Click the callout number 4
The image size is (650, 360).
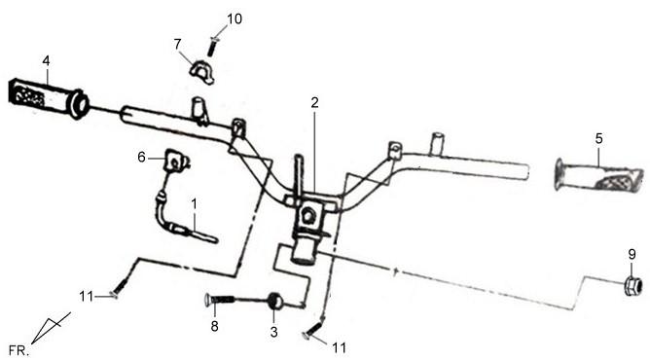pyautogui.click(x=46, y=61)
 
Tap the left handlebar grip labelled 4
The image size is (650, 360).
pyautogui.click(x=48, y=98)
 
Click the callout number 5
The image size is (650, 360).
pyautogui.click(x=598, y=138)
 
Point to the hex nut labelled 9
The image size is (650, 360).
pyautogui.click(x=633, y=286)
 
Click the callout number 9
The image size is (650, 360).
pyautogui.click(x=632, y=254)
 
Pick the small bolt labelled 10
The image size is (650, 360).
pyautogui.click(x=212, y=47)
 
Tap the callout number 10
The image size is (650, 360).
pyautogui.click(x=235, y=18)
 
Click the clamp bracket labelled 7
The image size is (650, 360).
pyautogui.click(x=202, y=73)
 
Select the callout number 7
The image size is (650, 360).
pyautogui.click(x=177, y=44)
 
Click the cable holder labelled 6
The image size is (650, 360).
pyautogui.click(x=176, y=161)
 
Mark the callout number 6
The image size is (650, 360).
pyautogui.click(x=141, y=157)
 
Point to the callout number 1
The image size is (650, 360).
pyautogui.click(x=194, y=203)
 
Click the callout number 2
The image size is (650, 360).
pyautogui.click(x=314, y=102)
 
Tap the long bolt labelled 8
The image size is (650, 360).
pyautogui.click(x=220, y=299)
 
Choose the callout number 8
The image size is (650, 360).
pyautogui.click(x=214, y=326)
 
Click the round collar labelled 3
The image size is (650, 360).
pyautogui.click(x=274, y=301)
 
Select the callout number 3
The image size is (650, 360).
pyautogui.click(x=274, y=332)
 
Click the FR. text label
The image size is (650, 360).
pyautogui.click(x=19, y=351)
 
